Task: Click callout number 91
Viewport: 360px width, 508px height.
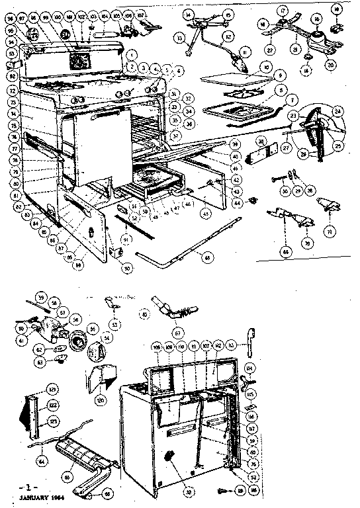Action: (x=125, y=232)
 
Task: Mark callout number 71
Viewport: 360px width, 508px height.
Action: (x=329, y=232)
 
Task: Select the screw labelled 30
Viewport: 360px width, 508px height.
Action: (x=275, y=179)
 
